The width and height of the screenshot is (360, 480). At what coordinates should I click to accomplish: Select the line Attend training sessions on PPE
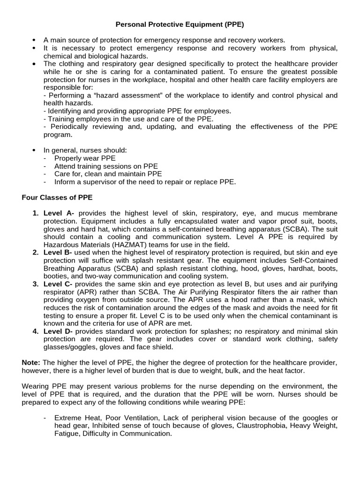(x=106, y=166)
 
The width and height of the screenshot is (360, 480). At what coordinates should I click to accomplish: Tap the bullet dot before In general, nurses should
(x=34, y=150)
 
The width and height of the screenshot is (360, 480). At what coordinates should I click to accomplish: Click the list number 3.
(x=36, y=284)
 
